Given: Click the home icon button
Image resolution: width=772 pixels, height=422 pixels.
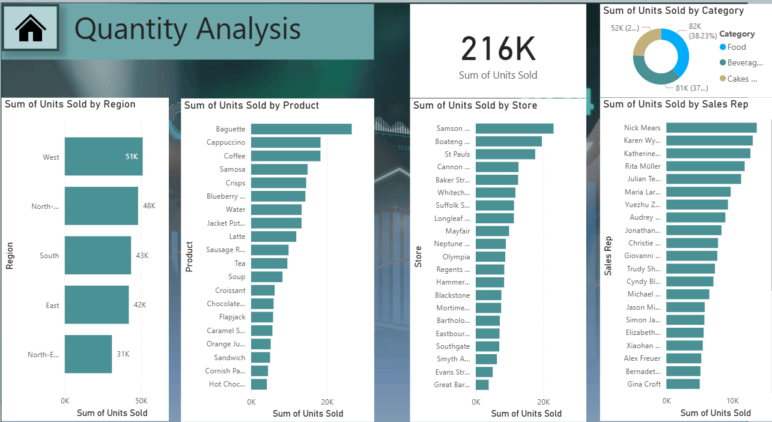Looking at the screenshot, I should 31,28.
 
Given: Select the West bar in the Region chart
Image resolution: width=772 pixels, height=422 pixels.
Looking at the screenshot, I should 103,157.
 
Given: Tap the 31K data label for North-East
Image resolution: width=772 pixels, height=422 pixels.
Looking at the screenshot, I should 123,354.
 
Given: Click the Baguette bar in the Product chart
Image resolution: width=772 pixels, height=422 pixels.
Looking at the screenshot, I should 301,129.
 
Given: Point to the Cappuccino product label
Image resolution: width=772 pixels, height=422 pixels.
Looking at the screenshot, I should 226,142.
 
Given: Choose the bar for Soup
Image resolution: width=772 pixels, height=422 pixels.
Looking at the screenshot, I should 267,277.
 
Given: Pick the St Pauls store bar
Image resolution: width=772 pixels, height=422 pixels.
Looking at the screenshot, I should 505,154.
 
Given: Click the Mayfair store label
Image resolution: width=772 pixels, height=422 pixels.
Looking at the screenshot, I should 458,231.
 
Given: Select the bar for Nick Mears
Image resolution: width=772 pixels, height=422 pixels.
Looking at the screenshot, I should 711,127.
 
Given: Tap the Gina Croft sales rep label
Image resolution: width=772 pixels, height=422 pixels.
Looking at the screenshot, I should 643,384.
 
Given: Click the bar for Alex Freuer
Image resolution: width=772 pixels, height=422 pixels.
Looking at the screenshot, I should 684,358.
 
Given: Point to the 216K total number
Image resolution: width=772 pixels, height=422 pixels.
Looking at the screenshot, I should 498,49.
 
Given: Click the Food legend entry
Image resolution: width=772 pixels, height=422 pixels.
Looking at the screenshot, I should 737,47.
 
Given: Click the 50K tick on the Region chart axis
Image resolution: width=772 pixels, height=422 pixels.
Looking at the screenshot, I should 141,400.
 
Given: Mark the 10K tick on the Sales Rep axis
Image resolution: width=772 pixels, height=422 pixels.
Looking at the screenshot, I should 732,400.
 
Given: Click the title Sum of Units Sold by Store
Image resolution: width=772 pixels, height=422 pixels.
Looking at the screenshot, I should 475,106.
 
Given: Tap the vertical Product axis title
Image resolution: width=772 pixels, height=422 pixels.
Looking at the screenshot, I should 189,257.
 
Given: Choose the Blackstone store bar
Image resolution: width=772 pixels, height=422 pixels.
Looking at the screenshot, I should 488,295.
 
